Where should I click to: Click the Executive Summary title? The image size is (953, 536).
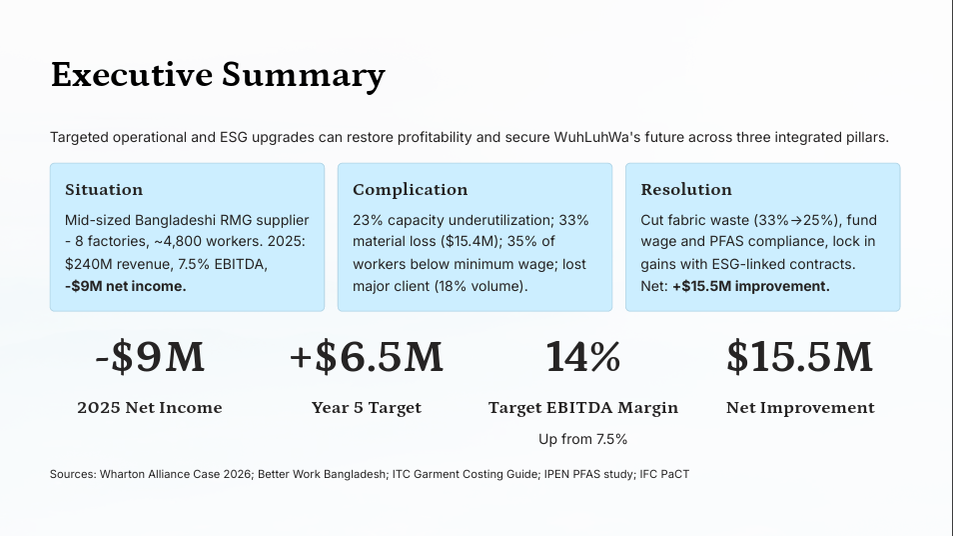point(218,75)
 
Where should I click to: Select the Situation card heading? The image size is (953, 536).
point(104,190)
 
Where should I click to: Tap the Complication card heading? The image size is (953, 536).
point(410,190)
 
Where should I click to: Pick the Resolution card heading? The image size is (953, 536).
point(686,190)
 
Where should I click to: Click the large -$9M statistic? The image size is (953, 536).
point(150,357)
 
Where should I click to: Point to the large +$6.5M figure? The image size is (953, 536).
point(366,357)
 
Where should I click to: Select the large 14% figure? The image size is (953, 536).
point(582,357)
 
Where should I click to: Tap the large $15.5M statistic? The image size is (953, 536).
point(799,357)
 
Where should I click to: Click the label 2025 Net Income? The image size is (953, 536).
point(150,408)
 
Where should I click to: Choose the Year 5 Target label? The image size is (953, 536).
point(366,408)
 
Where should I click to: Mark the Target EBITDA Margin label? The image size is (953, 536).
point(582,408)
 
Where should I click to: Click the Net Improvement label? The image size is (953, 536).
point(799,408)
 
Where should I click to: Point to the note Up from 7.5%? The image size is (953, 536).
point(582,439)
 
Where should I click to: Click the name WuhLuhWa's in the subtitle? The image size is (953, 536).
point(594,137)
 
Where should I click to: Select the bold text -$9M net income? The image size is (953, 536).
point(125,286)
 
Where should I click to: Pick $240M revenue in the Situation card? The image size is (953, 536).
point(107,264)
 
